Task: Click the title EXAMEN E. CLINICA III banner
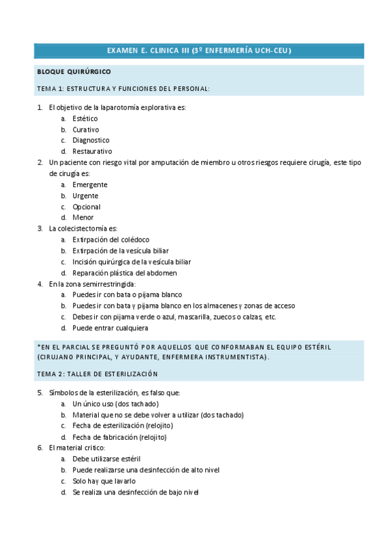[199, 51]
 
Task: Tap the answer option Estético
[85, 119]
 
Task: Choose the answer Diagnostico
[91, 140]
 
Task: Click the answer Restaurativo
[92, 151]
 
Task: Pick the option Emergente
[90, 185]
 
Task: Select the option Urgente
[86, 196]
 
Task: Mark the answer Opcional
[86, 207]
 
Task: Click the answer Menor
[83, 218]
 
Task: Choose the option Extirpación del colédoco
[111, 240]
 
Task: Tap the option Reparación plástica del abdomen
[125, 273]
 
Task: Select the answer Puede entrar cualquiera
[110, 328]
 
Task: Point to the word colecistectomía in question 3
[81, 229]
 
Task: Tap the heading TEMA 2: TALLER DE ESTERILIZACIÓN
[97, 374]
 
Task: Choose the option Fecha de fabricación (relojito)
[119, 437]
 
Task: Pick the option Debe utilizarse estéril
[107, 459]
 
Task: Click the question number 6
[40, 448]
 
